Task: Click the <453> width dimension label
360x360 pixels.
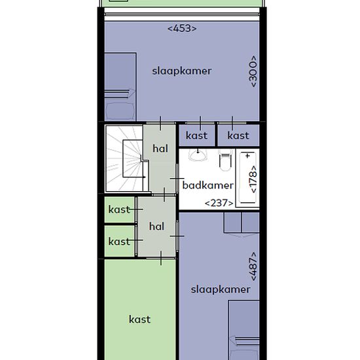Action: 182,29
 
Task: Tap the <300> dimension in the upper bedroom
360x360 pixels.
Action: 253,71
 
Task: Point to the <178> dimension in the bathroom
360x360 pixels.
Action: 253,179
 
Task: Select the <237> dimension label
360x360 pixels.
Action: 219,203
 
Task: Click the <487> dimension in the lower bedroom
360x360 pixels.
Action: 253,266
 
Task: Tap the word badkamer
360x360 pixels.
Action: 207,185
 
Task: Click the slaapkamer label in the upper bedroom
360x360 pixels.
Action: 182,71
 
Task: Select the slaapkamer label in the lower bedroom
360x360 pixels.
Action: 221,289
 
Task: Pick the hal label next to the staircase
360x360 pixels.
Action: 160,149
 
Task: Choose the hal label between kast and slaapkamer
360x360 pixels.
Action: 156,226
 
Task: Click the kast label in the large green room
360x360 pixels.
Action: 139,319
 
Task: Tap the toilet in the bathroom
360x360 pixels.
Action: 225,160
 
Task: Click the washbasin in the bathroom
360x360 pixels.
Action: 198,155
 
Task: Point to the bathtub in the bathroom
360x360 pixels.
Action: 247,178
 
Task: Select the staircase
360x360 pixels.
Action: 124,158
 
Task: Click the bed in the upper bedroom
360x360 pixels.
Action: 120,87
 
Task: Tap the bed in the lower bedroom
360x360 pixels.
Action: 244,330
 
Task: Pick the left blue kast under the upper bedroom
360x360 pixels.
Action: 197,135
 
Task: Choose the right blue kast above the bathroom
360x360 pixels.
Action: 238,135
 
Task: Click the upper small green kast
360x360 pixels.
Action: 119,209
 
